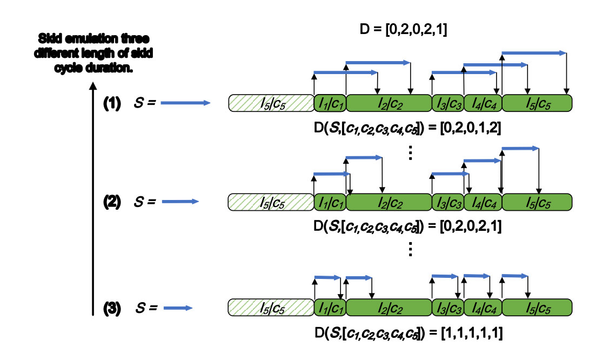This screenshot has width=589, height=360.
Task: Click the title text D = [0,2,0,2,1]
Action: point(403,29)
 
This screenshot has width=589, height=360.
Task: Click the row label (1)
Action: point(113,103)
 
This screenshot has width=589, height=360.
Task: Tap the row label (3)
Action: point(113,308)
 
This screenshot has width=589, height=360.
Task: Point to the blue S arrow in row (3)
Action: point(178,308)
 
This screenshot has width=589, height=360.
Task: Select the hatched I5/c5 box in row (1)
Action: point(271,103)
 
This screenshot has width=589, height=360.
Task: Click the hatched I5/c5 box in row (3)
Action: point(271,308)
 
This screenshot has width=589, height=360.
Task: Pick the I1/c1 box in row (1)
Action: point(330,103)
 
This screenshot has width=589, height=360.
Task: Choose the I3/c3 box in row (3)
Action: point(447,308)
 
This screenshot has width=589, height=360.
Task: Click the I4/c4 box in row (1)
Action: point(483,103)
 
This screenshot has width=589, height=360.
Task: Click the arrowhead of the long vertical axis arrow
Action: point(93,85)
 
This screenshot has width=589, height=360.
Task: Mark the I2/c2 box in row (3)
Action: point(389,308)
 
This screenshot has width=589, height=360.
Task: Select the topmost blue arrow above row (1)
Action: point(534,53)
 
